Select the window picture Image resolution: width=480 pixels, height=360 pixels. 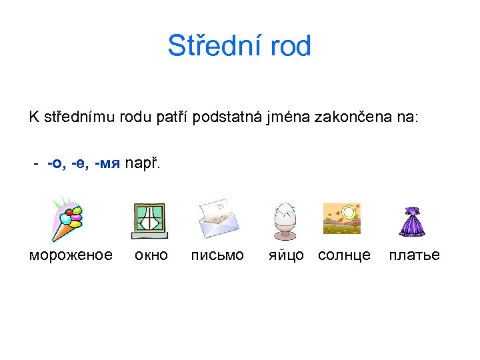150,221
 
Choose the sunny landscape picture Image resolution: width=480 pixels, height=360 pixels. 342,218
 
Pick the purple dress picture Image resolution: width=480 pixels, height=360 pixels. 412,221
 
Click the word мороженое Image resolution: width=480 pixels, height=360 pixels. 71,255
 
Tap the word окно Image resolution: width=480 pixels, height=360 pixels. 151,255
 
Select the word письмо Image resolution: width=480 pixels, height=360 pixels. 217,255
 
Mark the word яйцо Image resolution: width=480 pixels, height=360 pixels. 286,255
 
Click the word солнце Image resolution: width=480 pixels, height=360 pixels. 344,255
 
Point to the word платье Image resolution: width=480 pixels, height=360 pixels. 414,255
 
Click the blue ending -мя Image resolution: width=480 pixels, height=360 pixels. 107,164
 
